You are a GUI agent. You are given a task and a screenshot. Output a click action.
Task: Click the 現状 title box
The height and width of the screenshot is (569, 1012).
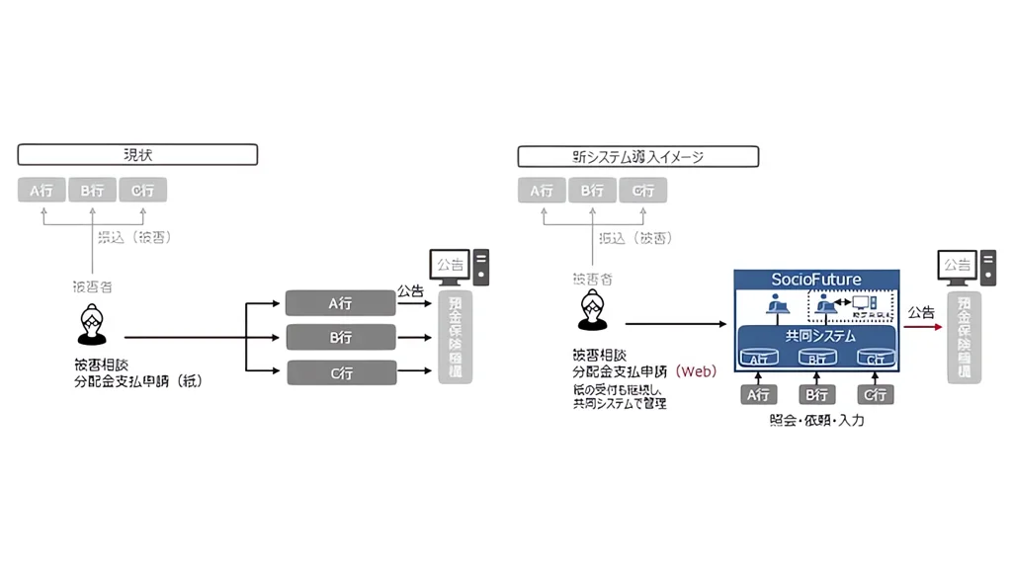point(137,155)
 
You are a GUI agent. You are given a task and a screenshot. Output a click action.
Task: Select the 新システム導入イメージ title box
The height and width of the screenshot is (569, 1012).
point(638,156)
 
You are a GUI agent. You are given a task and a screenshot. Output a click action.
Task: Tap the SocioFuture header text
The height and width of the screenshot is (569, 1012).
point(816,280)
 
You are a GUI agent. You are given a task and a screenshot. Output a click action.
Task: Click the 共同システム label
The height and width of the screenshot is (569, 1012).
point(816,336)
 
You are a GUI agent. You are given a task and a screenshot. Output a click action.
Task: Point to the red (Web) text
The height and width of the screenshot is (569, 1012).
point(696,372)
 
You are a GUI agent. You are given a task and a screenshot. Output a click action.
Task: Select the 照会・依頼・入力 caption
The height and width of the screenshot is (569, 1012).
point(816,421)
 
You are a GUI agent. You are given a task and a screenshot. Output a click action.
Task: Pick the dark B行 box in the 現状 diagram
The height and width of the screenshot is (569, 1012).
point(341,338)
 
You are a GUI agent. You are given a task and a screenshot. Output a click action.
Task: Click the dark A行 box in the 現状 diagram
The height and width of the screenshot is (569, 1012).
point(341,303)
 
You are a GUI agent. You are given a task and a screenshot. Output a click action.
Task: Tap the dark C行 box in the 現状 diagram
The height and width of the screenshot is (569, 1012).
point(341,372)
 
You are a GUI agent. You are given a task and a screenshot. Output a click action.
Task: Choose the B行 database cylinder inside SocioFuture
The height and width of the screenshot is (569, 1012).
point(816,358)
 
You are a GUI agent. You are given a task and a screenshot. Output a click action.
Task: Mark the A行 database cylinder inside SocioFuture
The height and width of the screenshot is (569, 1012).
point(759,358)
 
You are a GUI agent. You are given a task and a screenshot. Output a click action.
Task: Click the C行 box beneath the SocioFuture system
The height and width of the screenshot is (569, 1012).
point(874,395)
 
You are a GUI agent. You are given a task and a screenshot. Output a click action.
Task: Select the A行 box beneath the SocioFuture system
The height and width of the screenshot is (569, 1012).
point(759,395)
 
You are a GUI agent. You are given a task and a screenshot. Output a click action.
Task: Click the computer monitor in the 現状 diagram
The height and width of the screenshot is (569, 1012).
point(451,266)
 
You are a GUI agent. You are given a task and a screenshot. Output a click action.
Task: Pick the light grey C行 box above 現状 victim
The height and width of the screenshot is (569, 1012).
point(143,190)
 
